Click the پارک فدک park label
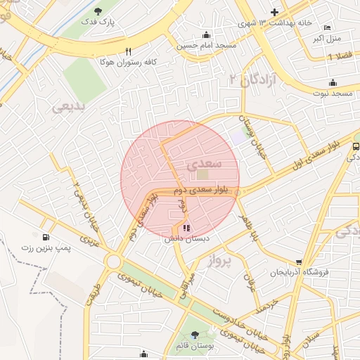tap(101, 22)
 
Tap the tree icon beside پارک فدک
tap(98, 11)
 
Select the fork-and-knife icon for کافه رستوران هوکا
tap(128, 51)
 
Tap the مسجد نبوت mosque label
tap(335, 94)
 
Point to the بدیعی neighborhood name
tap(68, 107)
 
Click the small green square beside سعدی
tap(202, 174)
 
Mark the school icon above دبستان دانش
tap(186, 228)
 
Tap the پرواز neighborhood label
tap(219, 262)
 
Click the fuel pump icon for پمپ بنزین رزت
tap(46, 237)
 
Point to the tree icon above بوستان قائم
tap(195, 335)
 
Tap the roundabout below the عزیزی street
tap(112, 262)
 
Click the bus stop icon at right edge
tap(356, 146)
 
